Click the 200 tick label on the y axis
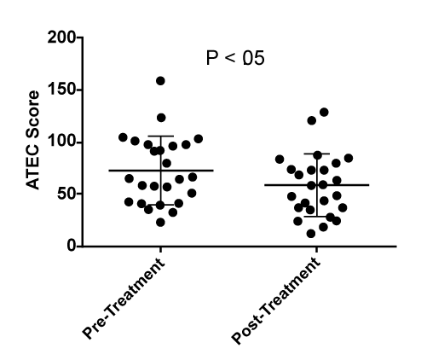point(61,38)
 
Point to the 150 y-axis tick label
point(61,90)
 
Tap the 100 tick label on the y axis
point(61,142)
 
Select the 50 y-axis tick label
point(66,194)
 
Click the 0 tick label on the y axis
point(72,246)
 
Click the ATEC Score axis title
point(32,140)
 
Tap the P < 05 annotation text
point(235,58)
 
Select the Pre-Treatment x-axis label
point(124,299)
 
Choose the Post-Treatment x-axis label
point(276,301)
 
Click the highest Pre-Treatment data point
point(160,81)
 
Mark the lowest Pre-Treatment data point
point(160,223)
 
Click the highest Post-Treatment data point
point(324,113)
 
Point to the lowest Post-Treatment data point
point(311,234)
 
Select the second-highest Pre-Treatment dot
point(161,118)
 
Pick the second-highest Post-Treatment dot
point(312,120)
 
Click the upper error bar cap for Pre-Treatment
point(161,136)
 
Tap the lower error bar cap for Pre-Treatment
point(161,205)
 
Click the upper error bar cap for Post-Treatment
point(317,154)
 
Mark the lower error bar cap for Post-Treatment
point(317,217)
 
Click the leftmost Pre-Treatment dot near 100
point(123,137)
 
